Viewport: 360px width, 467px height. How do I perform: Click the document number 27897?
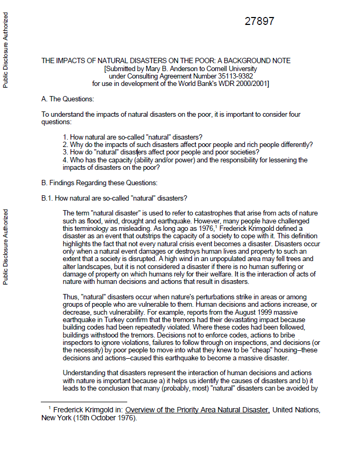[x=259, y=22]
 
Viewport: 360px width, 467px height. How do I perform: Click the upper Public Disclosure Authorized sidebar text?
[x=6, y=50]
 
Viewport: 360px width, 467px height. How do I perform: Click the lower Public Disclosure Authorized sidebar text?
[x=6, y=246]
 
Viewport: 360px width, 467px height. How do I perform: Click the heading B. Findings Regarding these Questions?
[x=99, y=183]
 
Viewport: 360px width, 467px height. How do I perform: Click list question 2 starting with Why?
[x=187, y=145]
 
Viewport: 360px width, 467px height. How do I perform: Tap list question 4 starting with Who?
[x=185, y=160]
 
